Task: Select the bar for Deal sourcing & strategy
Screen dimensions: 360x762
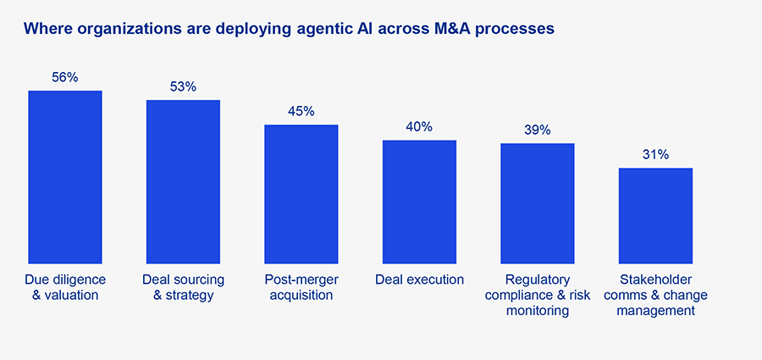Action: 183,181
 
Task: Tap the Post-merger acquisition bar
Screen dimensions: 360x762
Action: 301,194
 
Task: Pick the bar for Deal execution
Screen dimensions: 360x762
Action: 419,202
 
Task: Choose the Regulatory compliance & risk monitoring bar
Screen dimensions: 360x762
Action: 537,203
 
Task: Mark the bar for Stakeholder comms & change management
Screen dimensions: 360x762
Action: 655,215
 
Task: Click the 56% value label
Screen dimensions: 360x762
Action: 65,77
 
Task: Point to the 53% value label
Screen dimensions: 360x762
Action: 183,86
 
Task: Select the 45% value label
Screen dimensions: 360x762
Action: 301,111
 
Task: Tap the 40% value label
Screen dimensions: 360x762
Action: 419,127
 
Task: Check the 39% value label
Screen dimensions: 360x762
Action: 537,130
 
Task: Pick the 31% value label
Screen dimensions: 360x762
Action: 655,154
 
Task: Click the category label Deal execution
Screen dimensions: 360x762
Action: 419,280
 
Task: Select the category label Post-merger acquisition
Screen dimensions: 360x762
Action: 301,287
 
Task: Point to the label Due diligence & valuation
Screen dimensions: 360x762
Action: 65,287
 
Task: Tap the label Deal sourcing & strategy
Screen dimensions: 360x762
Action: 183,287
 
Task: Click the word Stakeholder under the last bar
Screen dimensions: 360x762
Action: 655,280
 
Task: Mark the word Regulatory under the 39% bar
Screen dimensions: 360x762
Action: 537,280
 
